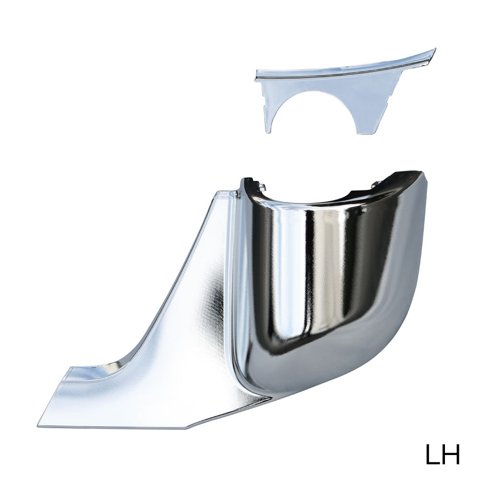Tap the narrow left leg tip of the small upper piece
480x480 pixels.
(x=268, y=132)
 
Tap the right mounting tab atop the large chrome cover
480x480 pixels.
(x=375, y=184)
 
